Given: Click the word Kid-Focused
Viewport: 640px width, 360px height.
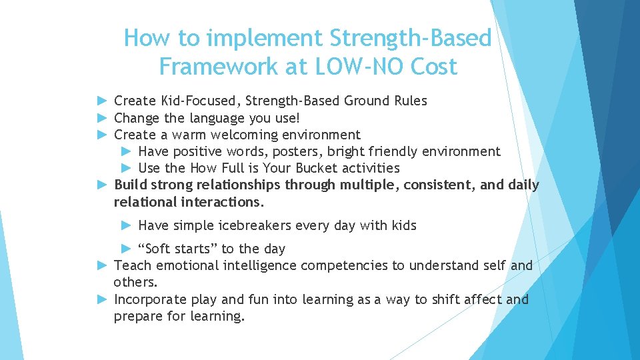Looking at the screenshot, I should pyautogui.click(x=201, y=101).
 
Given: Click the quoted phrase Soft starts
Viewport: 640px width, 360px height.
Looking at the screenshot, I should pyautogui.click(x=178, y=249).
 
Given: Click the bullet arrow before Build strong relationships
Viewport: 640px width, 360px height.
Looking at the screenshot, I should pyautogui.click(x=102, y=185).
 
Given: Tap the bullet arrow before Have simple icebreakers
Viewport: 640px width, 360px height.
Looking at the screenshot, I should pyautogui.click(x=126, y=225).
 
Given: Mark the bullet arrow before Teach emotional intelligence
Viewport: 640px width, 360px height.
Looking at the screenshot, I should pyautogui.click(x=102, y=265).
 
